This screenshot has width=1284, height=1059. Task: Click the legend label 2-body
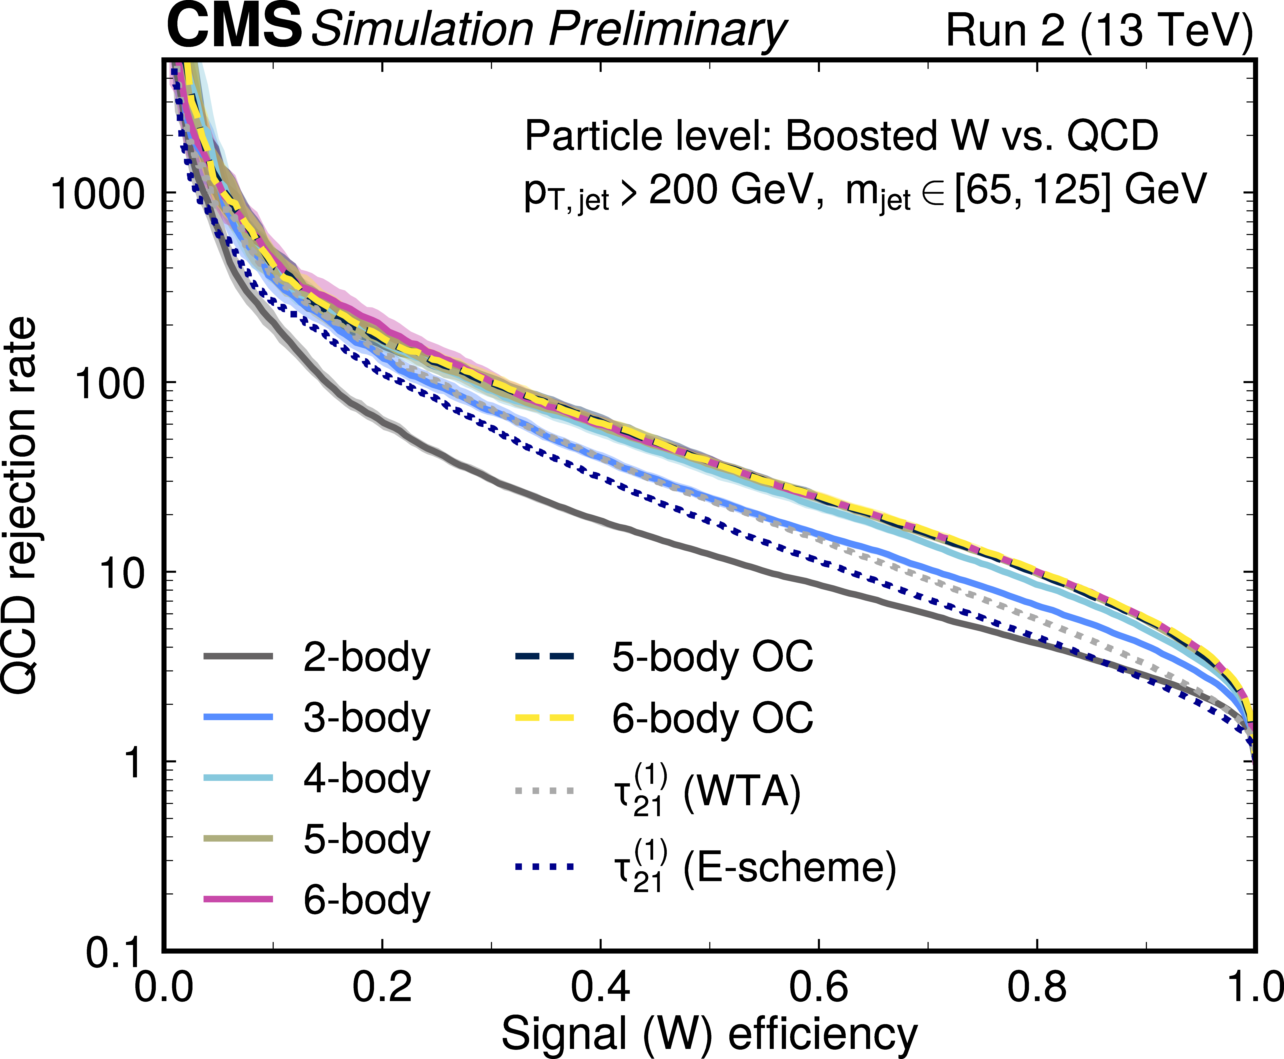(x=366, y=658)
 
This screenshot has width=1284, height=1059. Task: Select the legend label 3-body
(x=366, y=718)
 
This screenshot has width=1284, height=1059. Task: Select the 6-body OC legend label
(x=712, y=718)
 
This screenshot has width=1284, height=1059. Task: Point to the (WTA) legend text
(x=741, y=792)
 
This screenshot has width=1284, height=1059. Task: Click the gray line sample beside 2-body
(x=238, y=656)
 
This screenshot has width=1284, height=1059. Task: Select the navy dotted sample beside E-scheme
(x=544, y=866)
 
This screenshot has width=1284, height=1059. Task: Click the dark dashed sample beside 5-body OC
(x=544, y=656)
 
